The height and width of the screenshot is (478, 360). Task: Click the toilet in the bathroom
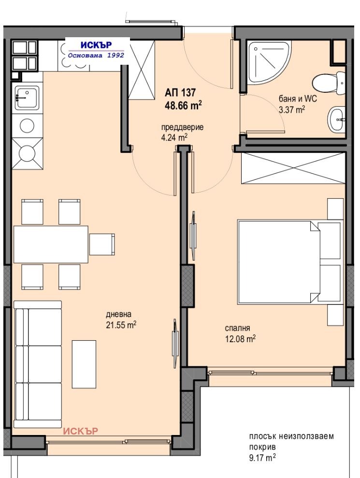pos(329,83)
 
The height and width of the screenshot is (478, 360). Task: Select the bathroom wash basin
pos(336,119)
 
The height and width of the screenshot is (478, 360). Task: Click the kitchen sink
pos(27,98)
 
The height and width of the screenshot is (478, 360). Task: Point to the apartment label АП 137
pos(180,92)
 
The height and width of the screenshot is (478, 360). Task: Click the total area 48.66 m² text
pos(183,105)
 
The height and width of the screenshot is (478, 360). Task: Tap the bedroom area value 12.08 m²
pos(240,338)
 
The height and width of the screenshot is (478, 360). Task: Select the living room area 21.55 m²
pos(121,325)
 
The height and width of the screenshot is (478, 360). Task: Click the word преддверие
pos(182,127)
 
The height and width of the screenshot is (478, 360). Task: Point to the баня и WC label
pos(298,99)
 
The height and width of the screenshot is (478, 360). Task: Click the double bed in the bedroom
pos(289,262)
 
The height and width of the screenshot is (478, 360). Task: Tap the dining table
pos(51,244)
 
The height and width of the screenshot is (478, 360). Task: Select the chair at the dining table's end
pos(102,244)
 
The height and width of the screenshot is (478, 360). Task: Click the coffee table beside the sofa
pos(84,364)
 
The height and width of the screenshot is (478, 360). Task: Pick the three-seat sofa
pos(38,364)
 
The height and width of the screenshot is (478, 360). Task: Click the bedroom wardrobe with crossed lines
pos(293,168)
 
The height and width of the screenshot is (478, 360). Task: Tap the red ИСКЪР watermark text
pos(81,431)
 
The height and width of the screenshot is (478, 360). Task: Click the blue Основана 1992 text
pos(96,55)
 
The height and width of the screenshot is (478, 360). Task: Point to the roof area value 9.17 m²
pos(262,458)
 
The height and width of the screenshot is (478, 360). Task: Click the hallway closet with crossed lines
pos(142,70)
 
